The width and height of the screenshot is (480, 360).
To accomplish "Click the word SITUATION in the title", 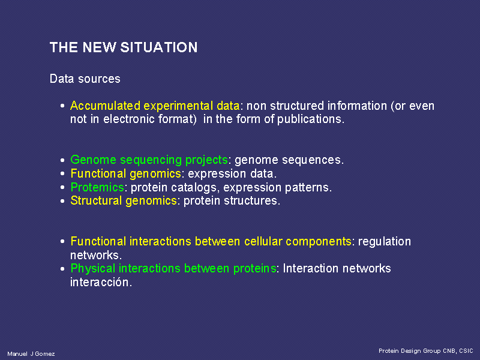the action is click(159, 47).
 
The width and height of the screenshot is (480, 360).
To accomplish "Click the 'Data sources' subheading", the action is click(85, 79).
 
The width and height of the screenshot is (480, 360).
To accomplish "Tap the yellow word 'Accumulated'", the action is click(106, 106).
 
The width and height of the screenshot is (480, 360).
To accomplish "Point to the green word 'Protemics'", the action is click(97, 187).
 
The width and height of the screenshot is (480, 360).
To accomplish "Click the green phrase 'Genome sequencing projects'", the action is click(149, 160).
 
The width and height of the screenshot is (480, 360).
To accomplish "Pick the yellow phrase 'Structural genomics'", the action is click(124, 201).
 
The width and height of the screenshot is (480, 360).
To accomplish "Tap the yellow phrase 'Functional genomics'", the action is click(126, 174).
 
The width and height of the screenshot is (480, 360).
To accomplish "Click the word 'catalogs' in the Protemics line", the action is click(196, 187).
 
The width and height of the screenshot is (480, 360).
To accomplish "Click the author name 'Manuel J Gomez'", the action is click(31, 354).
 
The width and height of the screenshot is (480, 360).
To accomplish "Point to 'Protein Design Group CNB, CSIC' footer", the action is click(426, 351).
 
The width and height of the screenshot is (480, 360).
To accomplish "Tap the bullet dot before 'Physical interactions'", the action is click(62, 269).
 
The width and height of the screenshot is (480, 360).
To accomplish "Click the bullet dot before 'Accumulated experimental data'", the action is click(62, 106).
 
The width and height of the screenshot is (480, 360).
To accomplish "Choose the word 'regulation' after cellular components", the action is click(385, 242).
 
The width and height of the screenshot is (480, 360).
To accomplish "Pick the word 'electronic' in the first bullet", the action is click(129, 119).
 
